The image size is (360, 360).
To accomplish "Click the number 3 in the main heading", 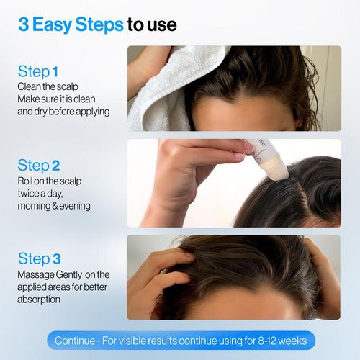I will pos(24,25).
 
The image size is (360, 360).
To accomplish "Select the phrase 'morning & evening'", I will pos(54,206).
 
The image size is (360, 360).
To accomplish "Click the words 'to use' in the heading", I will pos(151,25).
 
